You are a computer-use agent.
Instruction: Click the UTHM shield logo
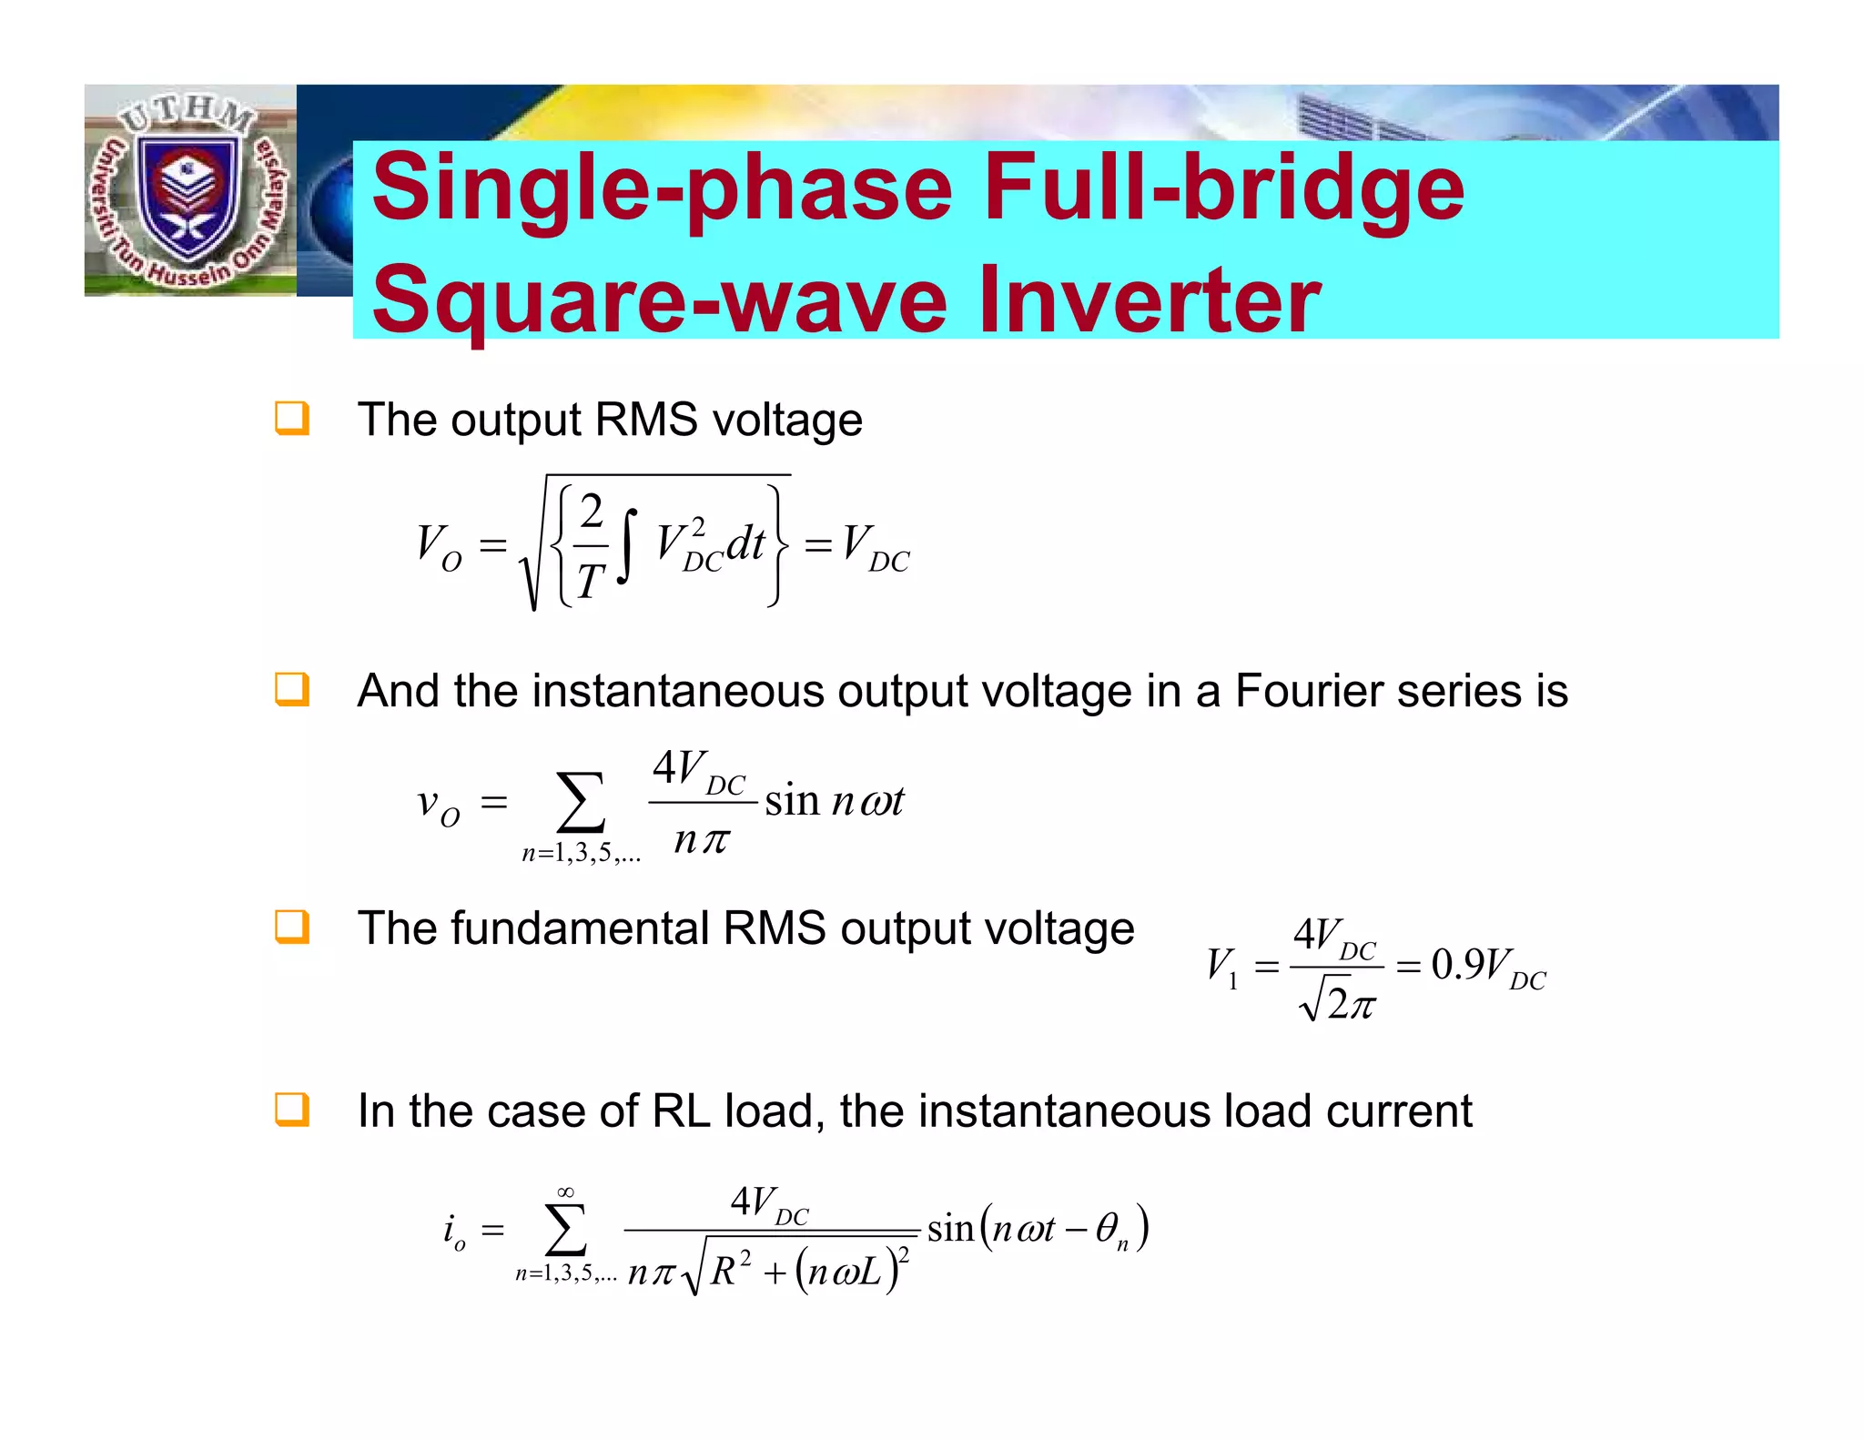(189, 192)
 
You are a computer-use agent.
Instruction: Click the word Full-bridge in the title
(1223, 188)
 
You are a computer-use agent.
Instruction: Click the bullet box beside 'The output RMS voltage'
(292, 419)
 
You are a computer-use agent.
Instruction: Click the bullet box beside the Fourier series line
(292, 690)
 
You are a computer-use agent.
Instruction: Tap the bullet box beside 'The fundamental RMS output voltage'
(292, 928)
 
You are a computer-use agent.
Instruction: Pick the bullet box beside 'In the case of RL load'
(292, 1110)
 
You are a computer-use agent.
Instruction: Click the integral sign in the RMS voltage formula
(626, 544)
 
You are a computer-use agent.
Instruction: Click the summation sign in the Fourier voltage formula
(580, 803)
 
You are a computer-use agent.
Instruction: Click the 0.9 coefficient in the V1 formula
(1458, 965)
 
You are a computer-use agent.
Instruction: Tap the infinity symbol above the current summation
(565, 1192)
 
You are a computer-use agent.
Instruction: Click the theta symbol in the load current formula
(1107, 1229)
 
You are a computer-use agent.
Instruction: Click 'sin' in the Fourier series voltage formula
(792, 802)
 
